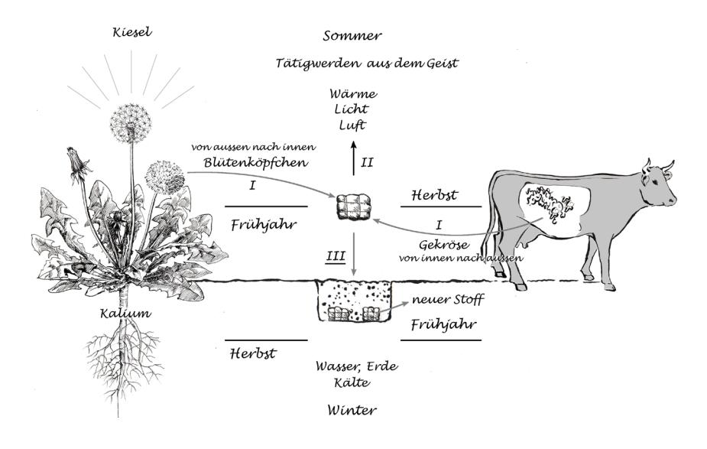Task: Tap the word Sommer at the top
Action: [352, 36]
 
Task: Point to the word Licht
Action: [352, 109]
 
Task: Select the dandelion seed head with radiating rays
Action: [131, 122]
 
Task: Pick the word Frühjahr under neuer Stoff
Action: [445, 324]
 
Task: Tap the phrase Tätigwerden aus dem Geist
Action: [367, 63]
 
